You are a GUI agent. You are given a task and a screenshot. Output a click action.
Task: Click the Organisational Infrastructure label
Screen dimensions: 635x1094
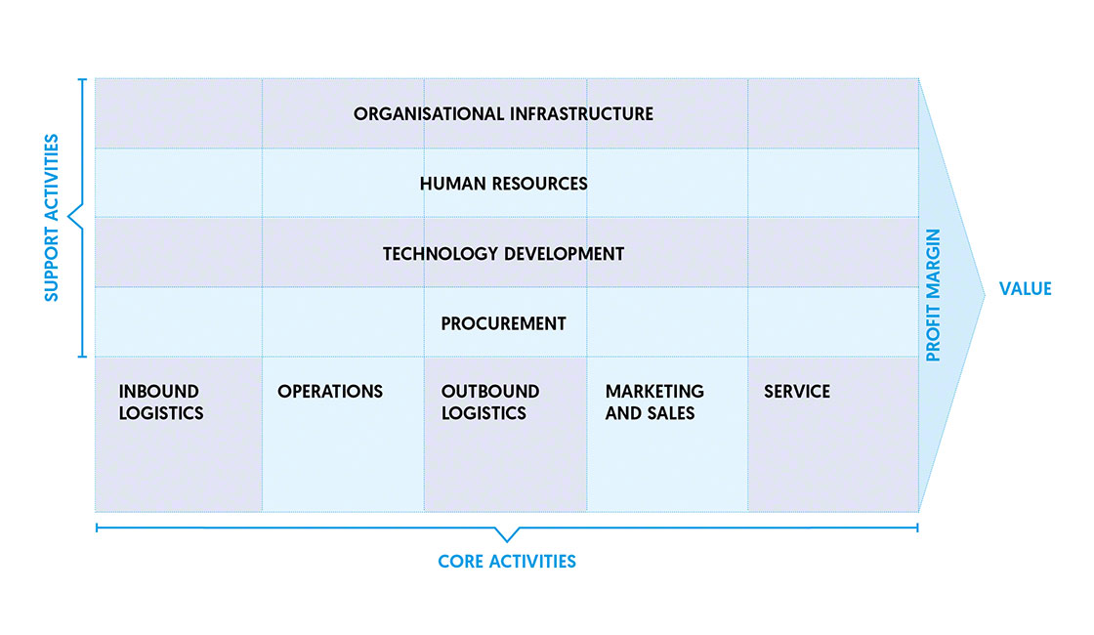503,113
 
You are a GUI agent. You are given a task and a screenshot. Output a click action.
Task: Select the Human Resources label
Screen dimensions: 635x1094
503,184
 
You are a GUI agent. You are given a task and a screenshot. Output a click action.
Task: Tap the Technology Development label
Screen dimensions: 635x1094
503,254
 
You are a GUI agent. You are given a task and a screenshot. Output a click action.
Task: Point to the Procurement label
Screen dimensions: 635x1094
503,323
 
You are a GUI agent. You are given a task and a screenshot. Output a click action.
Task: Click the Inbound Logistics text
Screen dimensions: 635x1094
161,402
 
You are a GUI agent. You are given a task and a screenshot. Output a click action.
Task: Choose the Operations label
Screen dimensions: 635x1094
330,392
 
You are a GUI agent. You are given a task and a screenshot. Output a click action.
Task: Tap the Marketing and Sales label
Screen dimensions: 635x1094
654,402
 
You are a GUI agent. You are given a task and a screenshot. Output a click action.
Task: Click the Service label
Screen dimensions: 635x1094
797,392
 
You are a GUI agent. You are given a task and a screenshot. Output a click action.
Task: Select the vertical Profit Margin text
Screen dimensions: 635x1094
933,295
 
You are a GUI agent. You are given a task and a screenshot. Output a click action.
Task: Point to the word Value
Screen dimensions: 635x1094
1025,288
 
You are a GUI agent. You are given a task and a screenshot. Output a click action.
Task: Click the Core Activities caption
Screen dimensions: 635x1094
507,562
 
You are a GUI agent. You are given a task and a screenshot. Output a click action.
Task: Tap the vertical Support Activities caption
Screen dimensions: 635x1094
52,217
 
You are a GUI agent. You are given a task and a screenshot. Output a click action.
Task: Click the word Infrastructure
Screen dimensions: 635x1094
581,113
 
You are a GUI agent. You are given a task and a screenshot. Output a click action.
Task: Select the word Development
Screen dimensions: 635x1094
563,254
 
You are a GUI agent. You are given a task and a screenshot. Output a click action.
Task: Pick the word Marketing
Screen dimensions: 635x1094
654,391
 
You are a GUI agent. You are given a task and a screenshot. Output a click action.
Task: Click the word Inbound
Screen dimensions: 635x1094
159,391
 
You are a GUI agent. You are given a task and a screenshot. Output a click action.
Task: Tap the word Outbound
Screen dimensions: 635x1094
490,391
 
